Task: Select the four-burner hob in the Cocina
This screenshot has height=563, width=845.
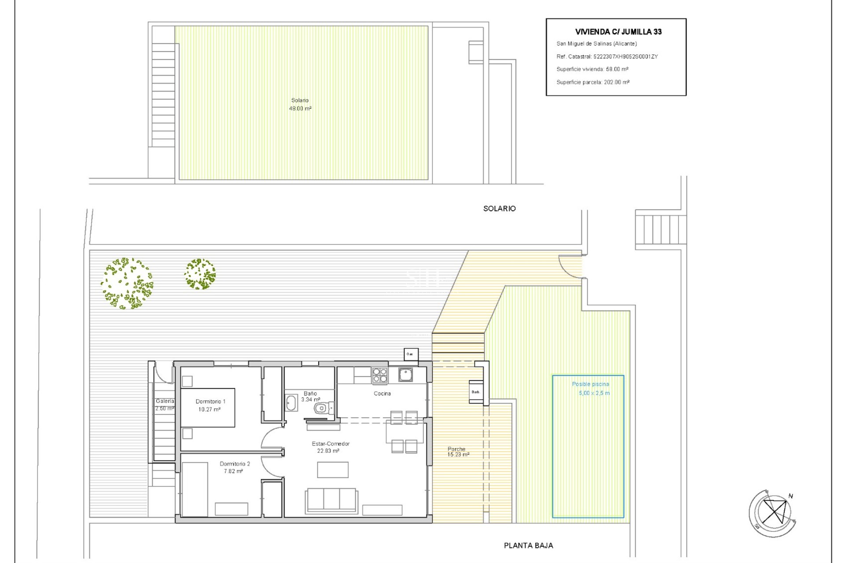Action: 380,375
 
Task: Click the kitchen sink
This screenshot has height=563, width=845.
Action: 405,375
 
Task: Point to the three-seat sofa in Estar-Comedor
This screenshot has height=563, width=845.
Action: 331,500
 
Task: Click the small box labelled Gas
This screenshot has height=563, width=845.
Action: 411,354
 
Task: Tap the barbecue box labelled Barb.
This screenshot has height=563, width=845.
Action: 476,391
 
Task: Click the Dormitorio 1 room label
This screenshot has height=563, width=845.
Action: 210,401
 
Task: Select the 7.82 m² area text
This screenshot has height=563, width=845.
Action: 233,471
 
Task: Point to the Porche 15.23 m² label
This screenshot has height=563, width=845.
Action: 458,452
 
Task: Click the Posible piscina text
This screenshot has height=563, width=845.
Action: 590,384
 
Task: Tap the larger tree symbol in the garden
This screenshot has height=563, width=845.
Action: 127,284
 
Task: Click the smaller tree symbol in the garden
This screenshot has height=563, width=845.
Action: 200,274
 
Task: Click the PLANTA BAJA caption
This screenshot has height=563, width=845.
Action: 528,545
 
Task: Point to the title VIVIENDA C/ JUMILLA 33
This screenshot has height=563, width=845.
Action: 618,32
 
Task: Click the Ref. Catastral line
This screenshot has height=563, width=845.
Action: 606,56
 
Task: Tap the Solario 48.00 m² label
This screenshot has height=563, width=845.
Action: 300,104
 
